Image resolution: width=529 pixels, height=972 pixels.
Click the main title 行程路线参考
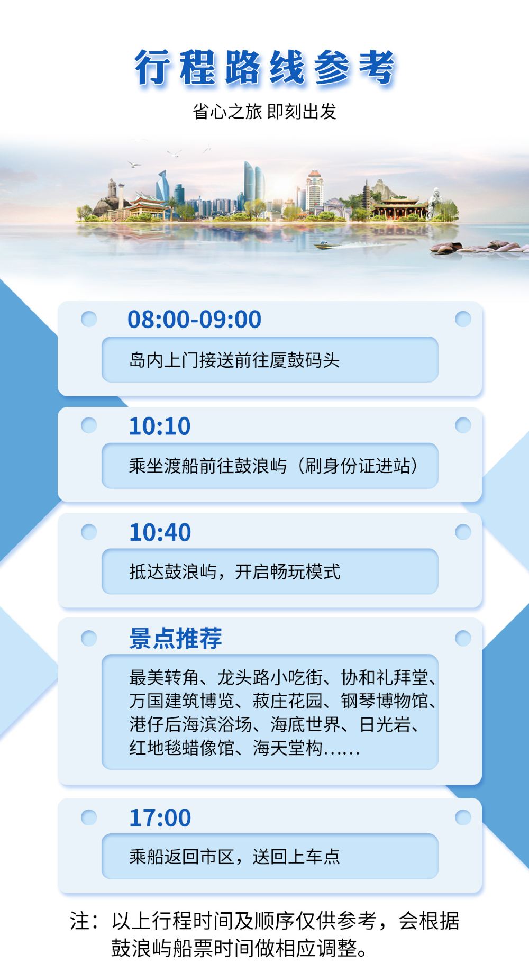pos(264,67)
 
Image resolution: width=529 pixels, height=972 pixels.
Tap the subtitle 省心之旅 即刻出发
pos(264,112)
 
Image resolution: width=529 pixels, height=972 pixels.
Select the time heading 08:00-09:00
pos(195,320)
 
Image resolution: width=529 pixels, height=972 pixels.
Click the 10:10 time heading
pos(160,426)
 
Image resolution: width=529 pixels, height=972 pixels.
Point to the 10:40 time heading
pos(160,533)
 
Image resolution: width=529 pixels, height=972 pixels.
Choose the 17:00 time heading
pos(160,818)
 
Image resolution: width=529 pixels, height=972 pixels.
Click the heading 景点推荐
pos(176,639)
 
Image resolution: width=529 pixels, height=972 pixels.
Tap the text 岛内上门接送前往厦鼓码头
pos(234,360)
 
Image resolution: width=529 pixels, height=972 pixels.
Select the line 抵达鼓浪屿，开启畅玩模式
pos(235,572)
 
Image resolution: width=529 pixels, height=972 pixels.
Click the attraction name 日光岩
pos(385,724)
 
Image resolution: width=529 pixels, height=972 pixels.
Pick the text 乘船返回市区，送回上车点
pos(234,857)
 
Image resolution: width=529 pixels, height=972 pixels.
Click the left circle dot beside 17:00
pos(89,817)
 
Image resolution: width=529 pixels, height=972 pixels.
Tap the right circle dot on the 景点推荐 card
pos(463,638)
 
